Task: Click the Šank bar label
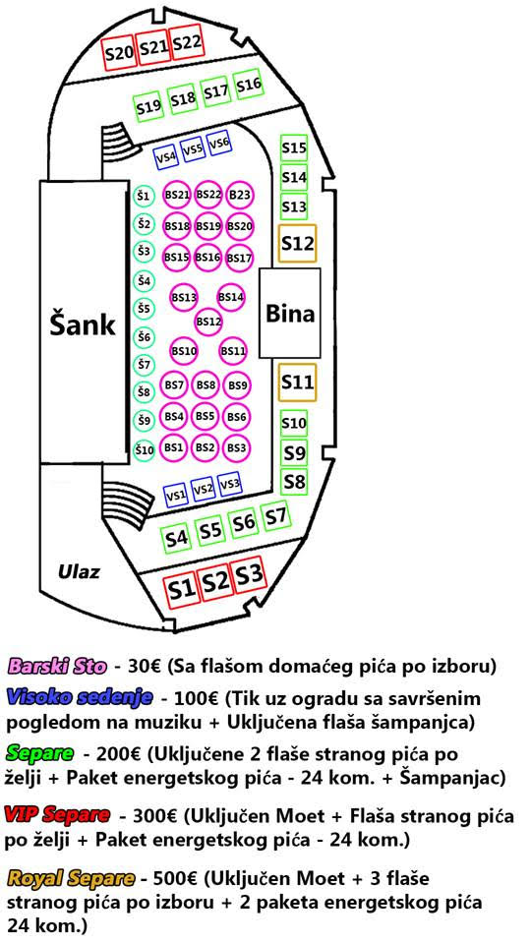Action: (x=83, y=324)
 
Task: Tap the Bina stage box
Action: (x=289, y=313)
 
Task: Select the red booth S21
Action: (x=153, y=47)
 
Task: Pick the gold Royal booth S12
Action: (x=297, y=243)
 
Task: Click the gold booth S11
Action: (x=297, y=382)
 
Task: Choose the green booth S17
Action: (x=215, y=92)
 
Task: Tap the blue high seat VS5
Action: (x=193, y=149)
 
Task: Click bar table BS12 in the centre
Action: (x=209, y=322)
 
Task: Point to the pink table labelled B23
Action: (x=240, y=195)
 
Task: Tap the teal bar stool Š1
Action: (x=144, y=197)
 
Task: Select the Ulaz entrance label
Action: (x=79, y=571)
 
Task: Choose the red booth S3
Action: (x=250, y=575)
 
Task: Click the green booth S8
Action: (x=294, y=482)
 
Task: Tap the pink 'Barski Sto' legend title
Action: (x=57, y=667)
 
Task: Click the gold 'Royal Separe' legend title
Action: (x=71, y=878)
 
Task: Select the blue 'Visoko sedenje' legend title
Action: (x=79, y=698)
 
